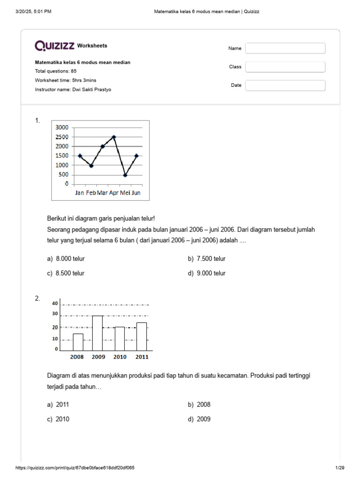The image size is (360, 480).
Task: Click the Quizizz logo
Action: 54,45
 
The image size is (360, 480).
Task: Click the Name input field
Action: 285,48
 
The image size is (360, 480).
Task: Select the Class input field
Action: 285,67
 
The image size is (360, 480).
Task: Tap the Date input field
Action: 285,85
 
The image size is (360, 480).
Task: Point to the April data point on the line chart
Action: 114,137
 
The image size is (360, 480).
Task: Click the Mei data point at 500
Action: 125,175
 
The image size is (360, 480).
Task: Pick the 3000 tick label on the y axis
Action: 62,127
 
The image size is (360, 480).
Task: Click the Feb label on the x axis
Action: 91,193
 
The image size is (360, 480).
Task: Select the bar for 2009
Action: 97,333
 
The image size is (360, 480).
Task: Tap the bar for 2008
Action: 78,342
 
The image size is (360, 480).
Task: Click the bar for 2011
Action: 142,337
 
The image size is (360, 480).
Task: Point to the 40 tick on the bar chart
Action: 55,303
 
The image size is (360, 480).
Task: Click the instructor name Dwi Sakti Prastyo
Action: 91,89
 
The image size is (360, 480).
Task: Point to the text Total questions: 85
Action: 56,71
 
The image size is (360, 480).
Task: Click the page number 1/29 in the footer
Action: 340,468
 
